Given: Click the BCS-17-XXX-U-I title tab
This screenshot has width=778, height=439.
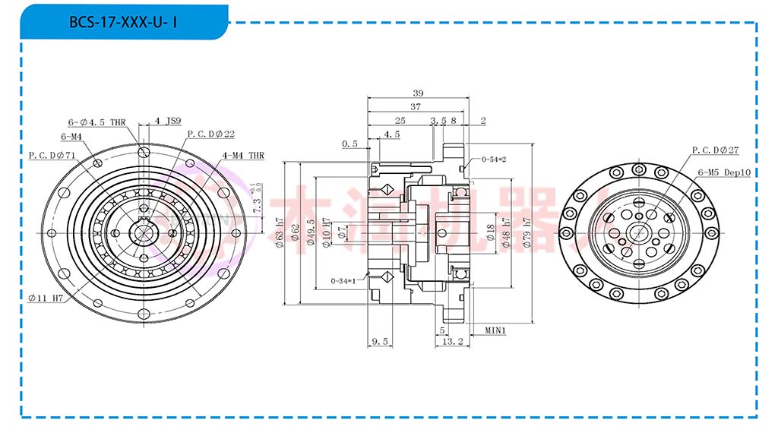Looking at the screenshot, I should pos(124,22).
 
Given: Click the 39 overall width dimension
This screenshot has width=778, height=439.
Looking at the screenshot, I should pos(417,93).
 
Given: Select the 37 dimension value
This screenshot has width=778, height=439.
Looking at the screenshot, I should pos(415,107).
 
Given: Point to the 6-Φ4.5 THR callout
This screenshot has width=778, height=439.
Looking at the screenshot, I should pos(96,122).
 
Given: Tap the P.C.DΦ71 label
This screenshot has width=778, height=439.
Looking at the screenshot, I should pos(52,155).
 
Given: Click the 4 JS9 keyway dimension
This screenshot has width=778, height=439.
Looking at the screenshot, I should pos(167,121).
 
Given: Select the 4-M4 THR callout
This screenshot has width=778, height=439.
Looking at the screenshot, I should pos(243,155).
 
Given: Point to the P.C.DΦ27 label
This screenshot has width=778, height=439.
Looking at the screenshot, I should pos(715,150).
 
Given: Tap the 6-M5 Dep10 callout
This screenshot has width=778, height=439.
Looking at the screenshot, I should pos(724,172).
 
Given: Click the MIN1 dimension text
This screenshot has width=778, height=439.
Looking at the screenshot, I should pos(495,330).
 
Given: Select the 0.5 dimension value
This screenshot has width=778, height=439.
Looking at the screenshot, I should pos(349,144).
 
